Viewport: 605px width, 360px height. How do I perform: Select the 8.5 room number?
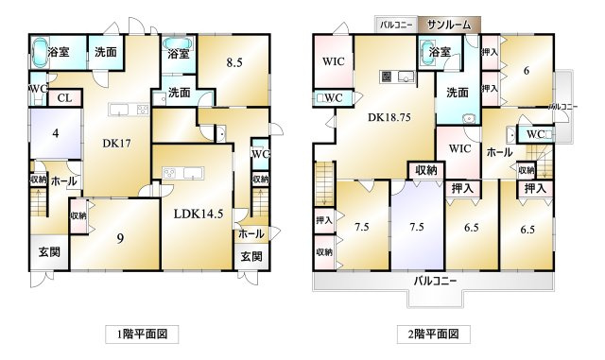[x=235, y=63]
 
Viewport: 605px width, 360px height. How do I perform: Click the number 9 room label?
[x=119, y=237]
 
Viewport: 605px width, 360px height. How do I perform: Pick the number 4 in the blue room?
[x=55, y=133]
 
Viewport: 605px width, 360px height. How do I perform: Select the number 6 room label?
[x=527, y=70]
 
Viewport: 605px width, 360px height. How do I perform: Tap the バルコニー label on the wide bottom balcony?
[x=435, y=281]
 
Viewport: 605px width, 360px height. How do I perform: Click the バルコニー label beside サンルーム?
[x=395, y=25]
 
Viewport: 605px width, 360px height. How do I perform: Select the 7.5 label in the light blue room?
[x=416, y=228]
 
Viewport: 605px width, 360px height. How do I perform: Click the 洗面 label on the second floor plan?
[x=458, y=93]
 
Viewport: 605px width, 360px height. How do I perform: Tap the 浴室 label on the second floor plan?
[x=439, y=53]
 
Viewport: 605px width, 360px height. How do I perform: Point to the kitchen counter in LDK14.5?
[x=184, y=173]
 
